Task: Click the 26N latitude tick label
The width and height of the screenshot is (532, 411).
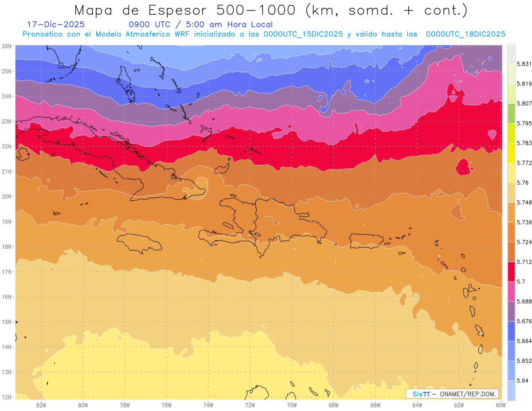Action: (7, 46)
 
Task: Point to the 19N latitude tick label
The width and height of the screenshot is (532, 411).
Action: (7, 222)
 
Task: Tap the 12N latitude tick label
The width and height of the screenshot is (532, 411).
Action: (7, 397)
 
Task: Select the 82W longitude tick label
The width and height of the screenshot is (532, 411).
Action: (41, 405)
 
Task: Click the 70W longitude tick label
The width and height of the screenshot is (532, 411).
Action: (292, 405)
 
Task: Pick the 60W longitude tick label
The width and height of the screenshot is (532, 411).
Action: (501, 405)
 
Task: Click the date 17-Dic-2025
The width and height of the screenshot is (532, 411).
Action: (56, 24)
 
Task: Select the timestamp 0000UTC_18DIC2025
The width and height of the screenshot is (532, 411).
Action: (465, 34)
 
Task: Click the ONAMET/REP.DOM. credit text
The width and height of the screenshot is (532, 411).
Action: (467, 394)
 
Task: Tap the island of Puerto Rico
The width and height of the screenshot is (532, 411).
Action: (366, 241)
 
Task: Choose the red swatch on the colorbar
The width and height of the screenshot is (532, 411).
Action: (511, 272)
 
